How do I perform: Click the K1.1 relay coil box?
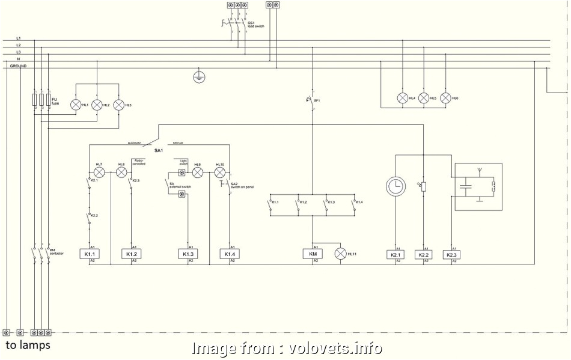pyautogui.click(x=88, y=254)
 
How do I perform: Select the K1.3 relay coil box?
pyautogui.click(x=188, y=254)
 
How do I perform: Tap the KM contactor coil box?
pyautogui.click(x=313, y=254)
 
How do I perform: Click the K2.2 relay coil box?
pyautogui.click(x=424, y=255)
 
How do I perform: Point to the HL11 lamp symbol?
pyautogui.click(x=341, y=254)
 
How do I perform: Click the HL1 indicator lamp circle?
pyautogui.click(x=76, y=105)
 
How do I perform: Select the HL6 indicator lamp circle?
pyautogui.click(x=445, y=98)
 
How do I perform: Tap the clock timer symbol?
pyautogui.click(x=395, y=187)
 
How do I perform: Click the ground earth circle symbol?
pyautogui.click(x=200, y=77)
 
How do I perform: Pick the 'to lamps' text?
pyautogui.click(x=28, y=346)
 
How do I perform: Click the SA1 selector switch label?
pyautogui.click(x=159, y=149)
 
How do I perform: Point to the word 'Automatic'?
pyautogui.click(x=135, y=143)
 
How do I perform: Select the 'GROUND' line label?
pyautogui.click(x=18, y=66)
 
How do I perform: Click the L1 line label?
pyautogui.click(x=19, y=38)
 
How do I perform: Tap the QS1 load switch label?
pyautogui.click(x=255, y=25)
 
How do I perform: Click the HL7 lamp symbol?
pyautogui.click(x=100, y=172)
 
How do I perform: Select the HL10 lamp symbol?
pyautogui.click(x=219, y=172)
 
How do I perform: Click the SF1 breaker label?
pyautogui.click(x=316, y=100)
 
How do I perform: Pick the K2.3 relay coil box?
pyautogui.click(x=451, y=255)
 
